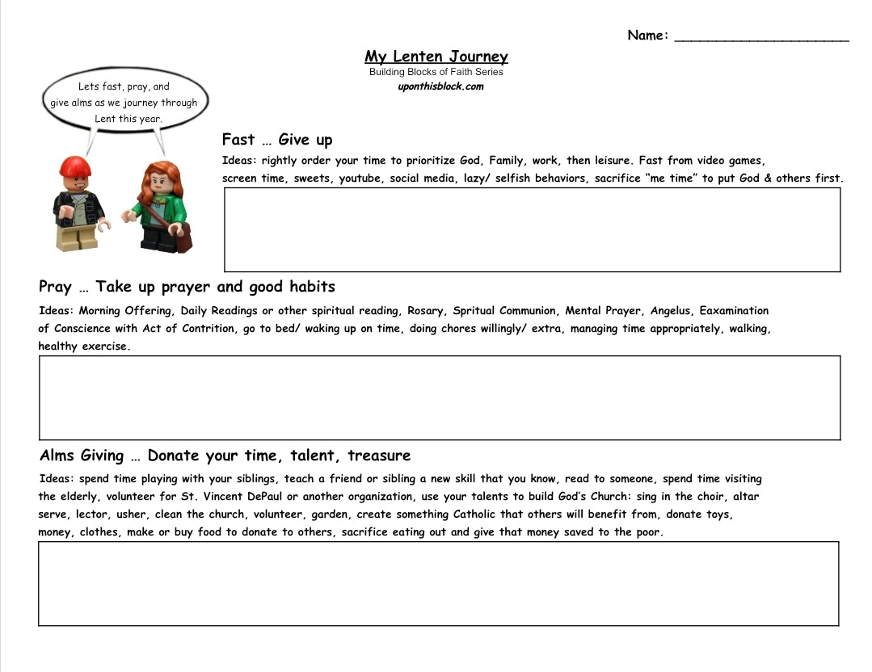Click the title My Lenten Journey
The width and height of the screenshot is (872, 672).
pyautogui.click(x=436, y=57)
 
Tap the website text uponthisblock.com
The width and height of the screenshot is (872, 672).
pyautogui.click(x=440, y=87)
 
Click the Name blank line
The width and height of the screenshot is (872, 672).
pyautogui.click(x=761, y=37)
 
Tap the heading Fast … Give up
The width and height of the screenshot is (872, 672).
pyautogui.click(x=277, y=140)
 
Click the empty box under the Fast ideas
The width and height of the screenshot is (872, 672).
pyautogui.click(x=532, y=229)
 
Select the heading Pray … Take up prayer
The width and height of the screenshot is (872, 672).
pyautogui.click(x=187, y=287)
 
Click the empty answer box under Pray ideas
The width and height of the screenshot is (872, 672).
pyautogui.click(x=439, y=397)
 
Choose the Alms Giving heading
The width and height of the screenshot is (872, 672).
pyautogui.click(x=225, y=456)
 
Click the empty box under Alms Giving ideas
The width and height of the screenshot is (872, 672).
pyautogui.click(x=438, y=583)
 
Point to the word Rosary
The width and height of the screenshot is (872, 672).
pyautogui.click(x=425, y=311)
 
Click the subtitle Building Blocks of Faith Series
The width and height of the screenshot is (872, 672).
pyautogui.click(x=436, y=72)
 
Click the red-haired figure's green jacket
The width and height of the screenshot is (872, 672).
pyautogui.click(x=160, y=208)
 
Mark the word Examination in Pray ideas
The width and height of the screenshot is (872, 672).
pyautogui.click(x=734, y=311)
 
